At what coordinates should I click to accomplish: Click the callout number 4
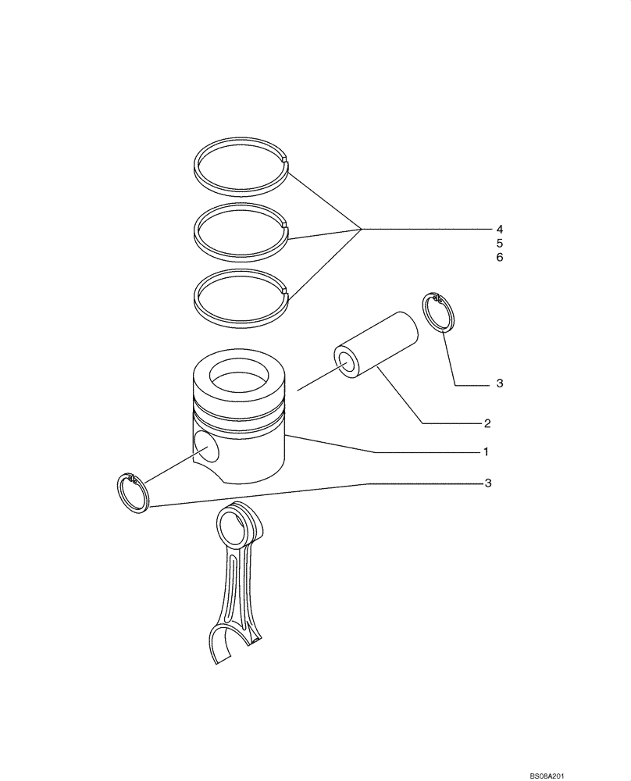coord(498,230)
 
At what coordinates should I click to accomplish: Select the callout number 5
coord(498,244)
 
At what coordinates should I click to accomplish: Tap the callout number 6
coord(498,258)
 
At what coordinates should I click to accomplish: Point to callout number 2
coord(487,424)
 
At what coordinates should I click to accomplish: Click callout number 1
coord(485,452)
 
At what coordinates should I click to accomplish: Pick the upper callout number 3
coord(499,384)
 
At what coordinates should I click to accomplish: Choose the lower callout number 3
coord(487,484)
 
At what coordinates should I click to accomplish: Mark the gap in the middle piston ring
coord(287,229)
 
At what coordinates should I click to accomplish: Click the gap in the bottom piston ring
coord(287,294)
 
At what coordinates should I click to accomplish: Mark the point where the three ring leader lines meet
coord(361,229)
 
